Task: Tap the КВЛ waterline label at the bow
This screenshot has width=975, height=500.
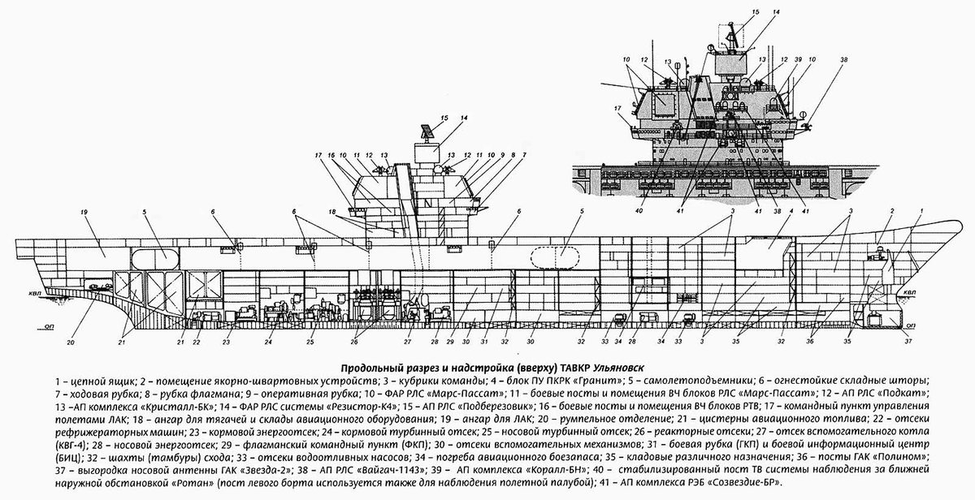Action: pos(909,291)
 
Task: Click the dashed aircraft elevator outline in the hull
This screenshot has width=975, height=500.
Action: pos(554,256)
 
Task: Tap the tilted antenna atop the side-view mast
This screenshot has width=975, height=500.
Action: pos(427,131)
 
